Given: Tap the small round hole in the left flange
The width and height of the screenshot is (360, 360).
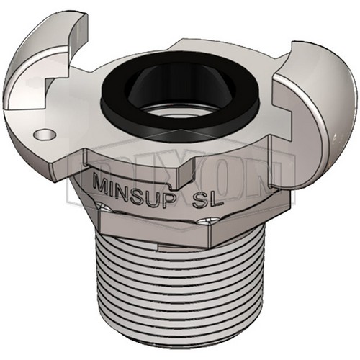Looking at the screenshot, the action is coord(45,133).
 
